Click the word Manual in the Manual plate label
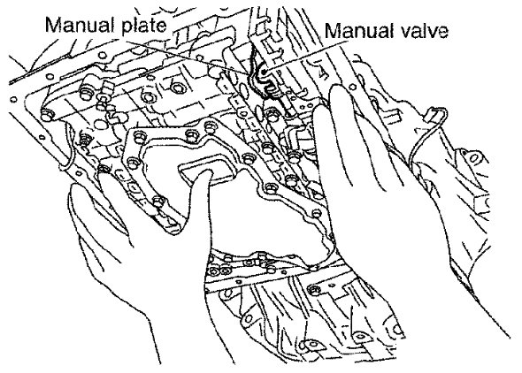point(81,25)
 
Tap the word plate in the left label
point(144,26)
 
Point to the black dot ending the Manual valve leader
point(264,72)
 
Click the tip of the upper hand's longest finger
point(338,88)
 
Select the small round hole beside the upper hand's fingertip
point(352,88)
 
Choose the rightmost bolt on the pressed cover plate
point(317,212)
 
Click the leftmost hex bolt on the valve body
point(46,115)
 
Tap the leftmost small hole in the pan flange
point(13,99)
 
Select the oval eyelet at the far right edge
point(473,157)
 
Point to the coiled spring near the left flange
point(85,140)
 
